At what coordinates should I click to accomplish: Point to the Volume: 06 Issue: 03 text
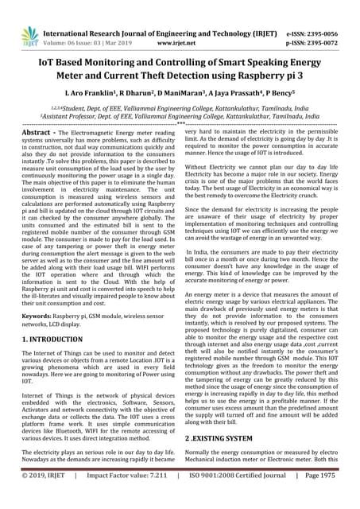[88, 36]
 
